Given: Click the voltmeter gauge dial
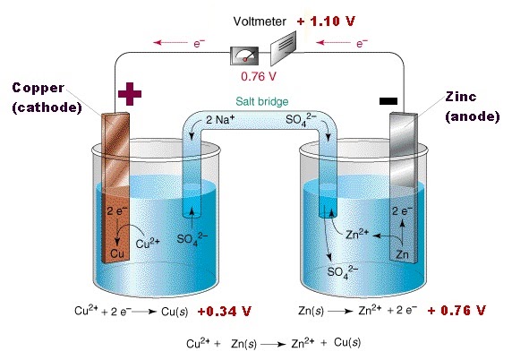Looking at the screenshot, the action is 244,56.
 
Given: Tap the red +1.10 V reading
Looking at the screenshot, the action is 326,21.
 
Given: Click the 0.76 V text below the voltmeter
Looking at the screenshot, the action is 259,76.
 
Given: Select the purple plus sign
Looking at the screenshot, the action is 130,94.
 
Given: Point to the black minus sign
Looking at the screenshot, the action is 388,101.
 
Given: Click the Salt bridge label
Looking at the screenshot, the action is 262,101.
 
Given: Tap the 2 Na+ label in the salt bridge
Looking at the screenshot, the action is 220,120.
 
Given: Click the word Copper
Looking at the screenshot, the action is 38,88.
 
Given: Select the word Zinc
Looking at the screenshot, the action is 461,97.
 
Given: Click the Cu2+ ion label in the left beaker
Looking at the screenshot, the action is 148,243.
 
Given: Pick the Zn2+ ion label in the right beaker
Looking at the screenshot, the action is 357,234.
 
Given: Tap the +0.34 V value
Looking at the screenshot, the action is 224,312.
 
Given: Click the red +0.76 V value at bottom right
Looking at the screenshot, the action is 457,311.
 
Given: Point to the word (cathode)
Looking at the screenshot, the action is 47,107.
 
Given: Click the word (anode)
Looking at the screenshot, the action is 473,116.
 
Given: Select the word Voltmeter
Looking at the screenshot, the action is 260,21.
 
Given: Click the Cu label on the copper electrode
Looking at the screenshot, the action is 117,253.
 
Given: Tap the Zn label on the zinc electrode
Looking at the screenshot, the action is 402,254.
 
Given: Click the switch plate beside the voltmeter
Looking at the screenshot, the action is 283,48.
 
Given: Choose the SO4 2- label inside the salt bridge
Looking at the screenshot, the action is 301,120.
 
